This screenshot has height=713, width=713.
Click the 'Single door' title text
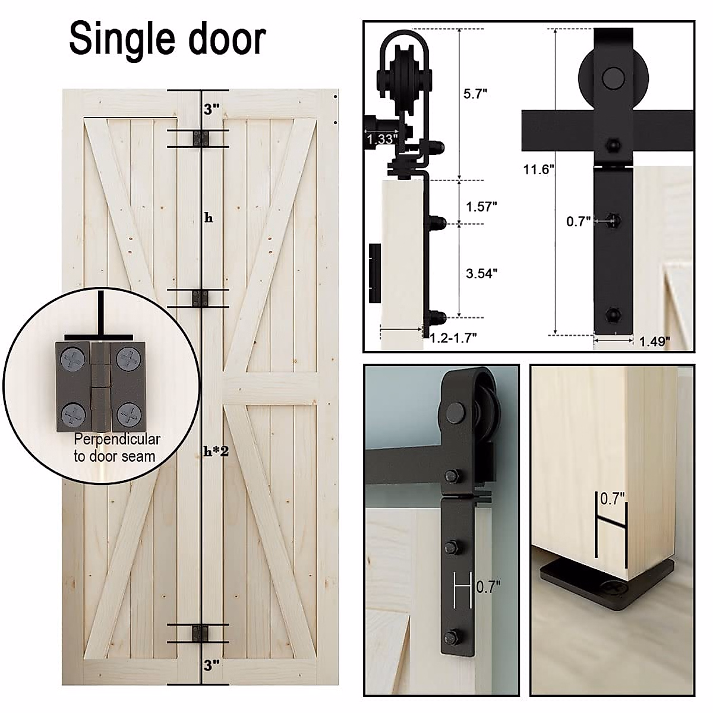point(167,39)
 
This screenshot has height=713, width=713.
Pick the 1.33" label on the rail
point(381,140)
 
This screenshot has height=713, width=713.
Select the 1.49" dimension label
point(655,341)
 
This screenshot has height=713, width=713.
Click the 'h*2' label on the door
point(216,451)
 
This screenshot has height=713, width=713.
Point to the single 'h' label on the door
point(209,218)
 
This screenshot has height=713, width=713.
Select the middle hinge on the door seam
point(201,298)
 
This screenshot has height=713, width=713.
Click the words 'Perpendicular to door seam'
point(116,448)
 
